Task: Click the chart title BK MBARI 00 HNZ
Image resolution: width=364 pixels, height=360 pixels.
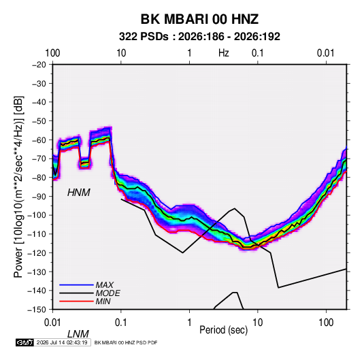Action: [199, 19]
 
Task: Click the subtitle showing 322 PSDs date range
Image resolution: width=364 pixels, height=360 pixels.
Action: [199, 37]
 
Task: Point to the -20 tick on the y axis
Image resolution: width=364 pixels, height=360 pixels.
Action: [39, 65]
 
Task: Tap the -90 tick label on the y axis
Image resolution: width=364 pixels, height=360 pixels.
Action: [39, 196]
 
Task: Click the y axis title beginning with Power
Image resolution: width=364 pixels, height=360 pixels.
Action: [18, 186]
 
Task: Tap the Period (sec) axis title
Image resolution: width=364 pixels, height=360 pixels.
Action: [224, 330]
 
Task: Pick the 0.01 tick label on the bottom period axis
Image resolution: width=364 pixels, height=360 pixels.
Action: [52, 322]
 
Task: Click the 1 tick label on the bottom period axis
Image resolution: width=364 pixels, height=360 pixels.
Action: [189, 322]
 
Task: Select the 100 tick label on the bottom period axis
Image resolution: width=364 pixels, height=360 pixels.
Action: [326, 322]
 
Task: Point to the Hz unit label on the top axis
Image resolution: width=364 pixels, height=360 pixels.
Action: [224, 53]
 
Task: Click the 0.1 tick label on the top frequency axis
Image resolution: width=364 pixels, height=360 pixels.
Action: [258, 53]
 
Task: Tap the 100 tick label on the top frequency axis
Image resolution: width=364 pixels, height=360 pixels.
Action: [52, 53]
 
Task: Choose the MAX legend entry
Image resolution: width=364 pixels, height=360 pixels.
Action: [105, 284]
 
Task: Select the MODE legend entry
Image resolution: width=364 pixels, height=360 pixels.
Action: [107, 293]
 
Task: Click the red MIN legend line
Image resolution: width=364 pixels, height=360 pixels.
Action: [76, 301]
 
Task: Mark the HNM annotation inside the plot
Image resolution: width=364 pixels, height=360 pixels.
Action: [79, 193]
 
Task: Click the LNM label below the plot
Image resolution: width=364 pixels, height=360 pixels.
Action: [78, 334]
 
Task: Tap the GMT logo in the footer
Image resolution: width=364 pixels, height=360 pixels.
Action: [25, 342]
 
